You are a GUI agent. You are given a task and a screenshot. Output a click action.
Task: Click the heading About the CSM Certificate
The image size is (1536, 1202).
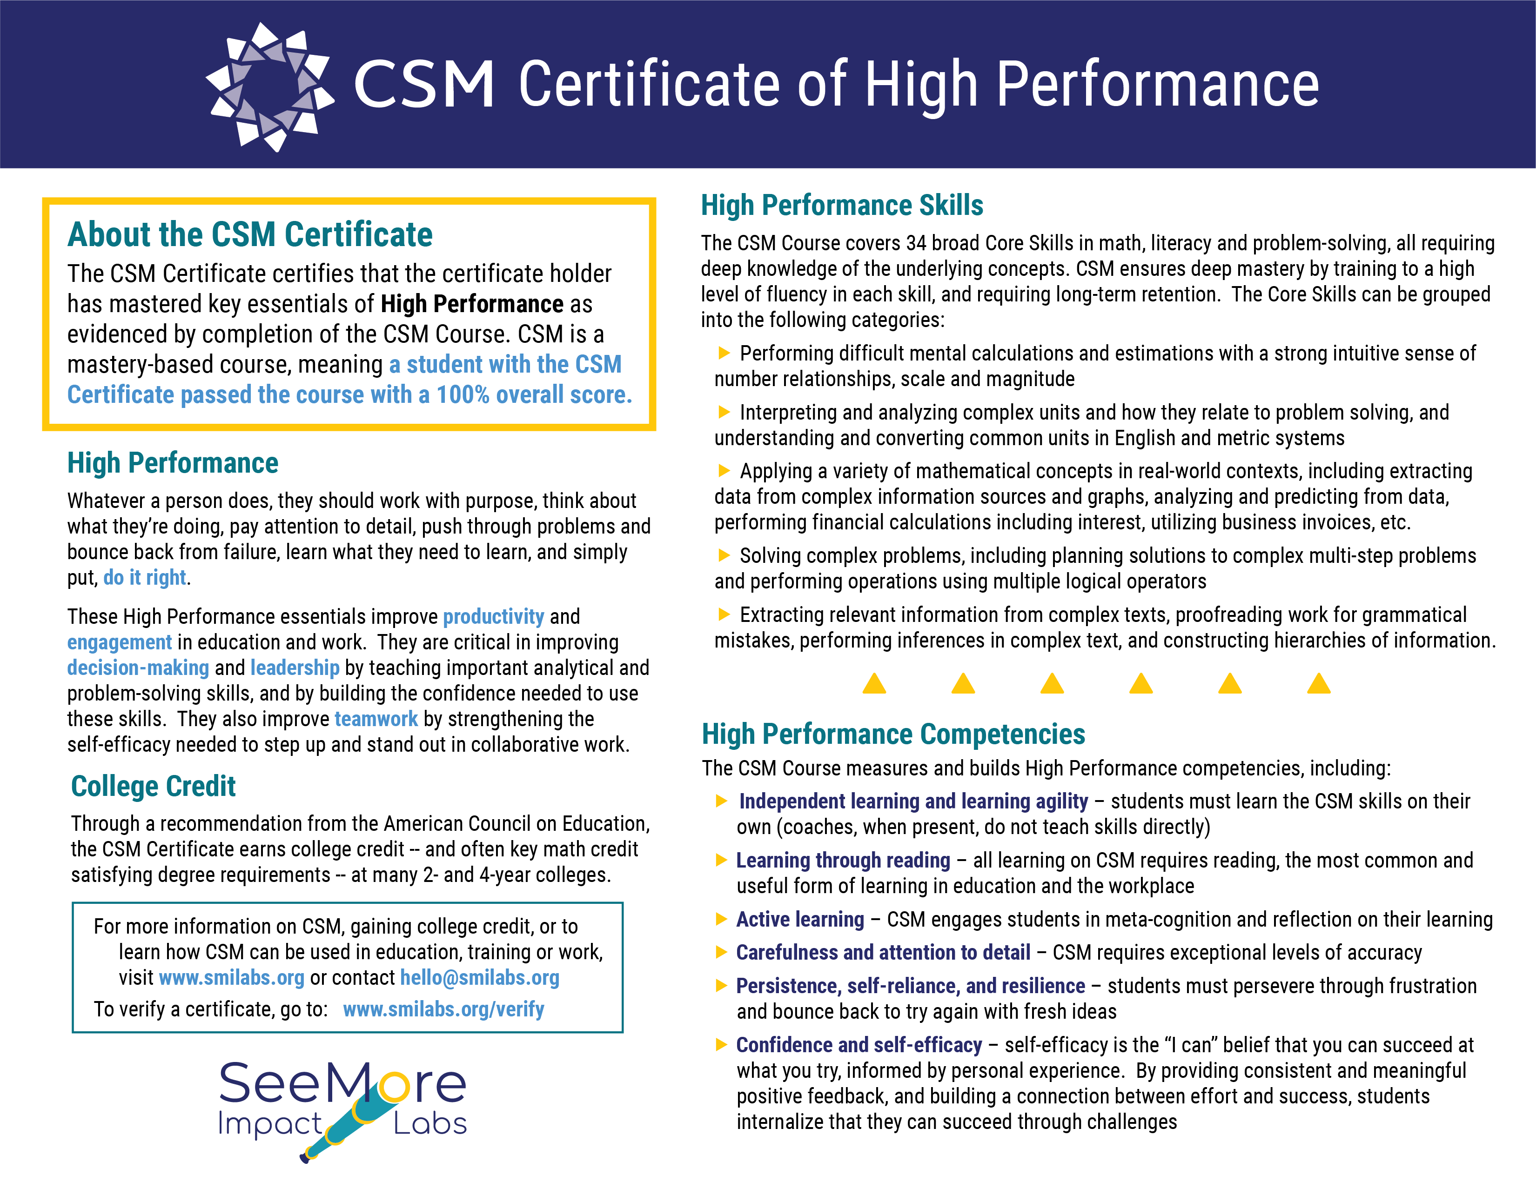click(x=249, y=234)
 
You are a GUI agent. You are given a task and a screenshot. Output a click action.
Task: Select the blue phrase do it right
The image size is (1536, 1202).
click(x=145, y=578)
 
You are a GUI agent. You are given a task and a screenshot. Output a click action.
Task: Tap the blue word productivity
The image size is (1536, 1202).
click(x=493, y=616)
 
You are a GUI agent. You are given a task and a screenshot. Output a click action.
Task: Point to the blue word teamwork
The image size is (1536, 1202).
click(x=376, y=719)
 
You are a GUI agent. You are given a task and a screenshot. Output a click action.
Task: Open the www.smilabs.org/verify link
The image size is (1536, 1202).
click(x=443, y=1009)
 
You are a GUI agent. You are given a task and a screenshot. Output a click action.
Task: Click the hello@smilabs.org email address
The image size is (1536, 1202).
click(x=479, y=977)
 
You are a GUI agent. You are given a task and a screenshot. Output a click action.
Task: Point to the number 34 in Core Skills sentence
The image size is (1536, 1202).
click(x=916, y=243)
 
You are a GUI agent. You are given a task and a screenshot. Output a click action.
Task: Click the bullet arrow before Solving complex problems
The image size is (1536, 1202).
click(x=724, y=555)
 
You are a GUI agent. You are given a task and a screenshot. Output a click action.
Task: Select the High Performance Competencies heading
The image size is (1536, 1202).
click(x=893, y=734)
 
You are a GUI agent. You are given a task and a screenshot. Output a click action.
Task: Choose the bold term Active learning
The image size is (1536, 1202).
click(x=800, y=919)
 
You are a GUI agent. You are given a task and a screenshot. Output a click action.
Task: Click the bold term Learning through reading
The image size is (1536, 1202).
click(x=843, y=860)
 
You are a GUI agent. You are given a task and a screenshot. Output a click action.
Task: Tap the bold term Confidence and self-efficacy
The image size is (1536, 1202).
click(x=859, y=1045)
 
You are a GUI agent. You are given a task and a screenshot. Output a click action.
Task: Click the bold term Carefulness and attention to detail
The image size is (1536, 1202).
click(x=883, y=952)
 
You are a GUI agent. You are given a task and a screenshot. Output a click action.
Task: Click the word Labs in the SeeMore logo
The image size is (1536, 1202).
click(x=430, y=1124)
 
